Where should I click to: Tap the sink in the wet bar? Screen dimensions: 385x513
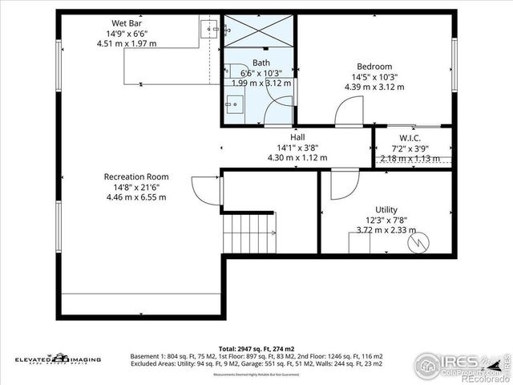(210, 30)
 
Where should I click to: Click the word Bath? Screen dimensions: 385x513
(261, 63)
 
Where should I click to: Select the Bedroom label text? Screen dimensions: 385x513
(374, 67)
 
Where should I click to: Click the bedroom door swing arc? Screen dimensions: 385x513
(345, 110)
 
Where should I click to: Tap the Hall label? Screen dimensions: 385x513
(297, 136)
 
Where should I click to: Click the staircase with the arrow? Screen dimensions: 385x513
(249, 233)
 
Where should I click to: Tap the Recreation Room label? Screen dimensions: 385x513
(135, 176)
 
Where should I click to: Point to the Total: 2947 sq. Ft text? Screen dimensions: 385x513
(256, 348)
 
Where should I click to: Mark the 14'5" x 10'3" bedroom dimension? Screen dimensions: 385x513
(374, 77)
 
